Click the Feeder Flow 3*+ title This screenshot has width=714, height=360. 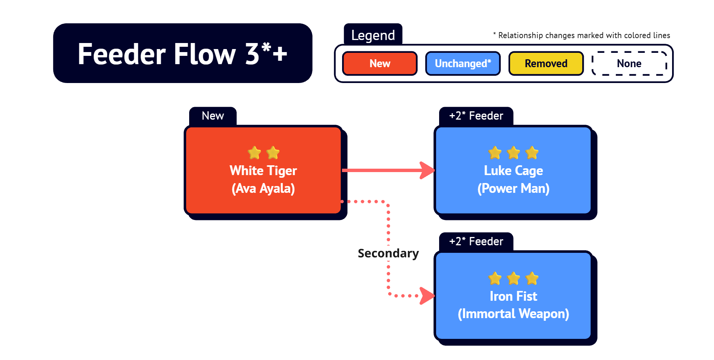[x=182, y=53]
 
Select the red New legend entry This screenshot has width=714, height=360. [x=380, y=63]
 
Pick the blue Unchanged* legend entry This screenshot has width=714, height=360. [x=463, y=63]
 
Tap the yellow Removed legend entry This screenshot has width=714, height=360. [x=546, y=63]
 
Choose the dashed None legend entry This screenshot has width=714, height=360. [x=629, y=63]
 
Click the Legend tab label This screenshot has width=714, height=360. [x=373, y=35]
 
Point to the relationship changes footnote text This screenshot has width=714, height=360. [x=581, y=35]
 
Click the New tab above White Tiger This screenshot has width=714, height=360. [x=213, y=116]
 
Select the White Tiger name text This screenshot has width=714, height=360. [x=263, y=171]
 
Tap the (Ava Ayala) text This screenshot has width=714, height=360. [x=263, y=188]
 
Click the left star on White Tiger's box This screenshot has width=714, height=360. [x=254, y=153]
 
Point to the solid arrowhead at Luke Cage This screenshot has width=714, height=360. [x=427, y=170]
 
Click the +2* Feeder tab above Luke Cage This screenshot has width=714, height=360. [x=476, y=116]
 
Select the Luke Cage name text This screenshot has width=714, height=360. [x=514, y=171]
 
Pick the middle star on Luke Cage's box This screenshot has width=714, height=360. [x=514, y=153]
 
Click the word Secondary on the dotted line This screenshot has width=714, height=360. [x=388, y=253]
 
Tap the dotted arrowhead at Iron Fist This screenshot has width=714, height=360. [x=427, y=296]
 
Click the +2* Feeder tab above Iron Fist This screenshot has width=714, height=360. [x=476, y=242]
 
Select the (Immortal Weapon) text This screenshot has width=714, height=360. [x=514, y=314]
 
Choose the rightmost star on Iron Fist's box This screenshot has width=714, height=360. [x=532, y=278]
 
